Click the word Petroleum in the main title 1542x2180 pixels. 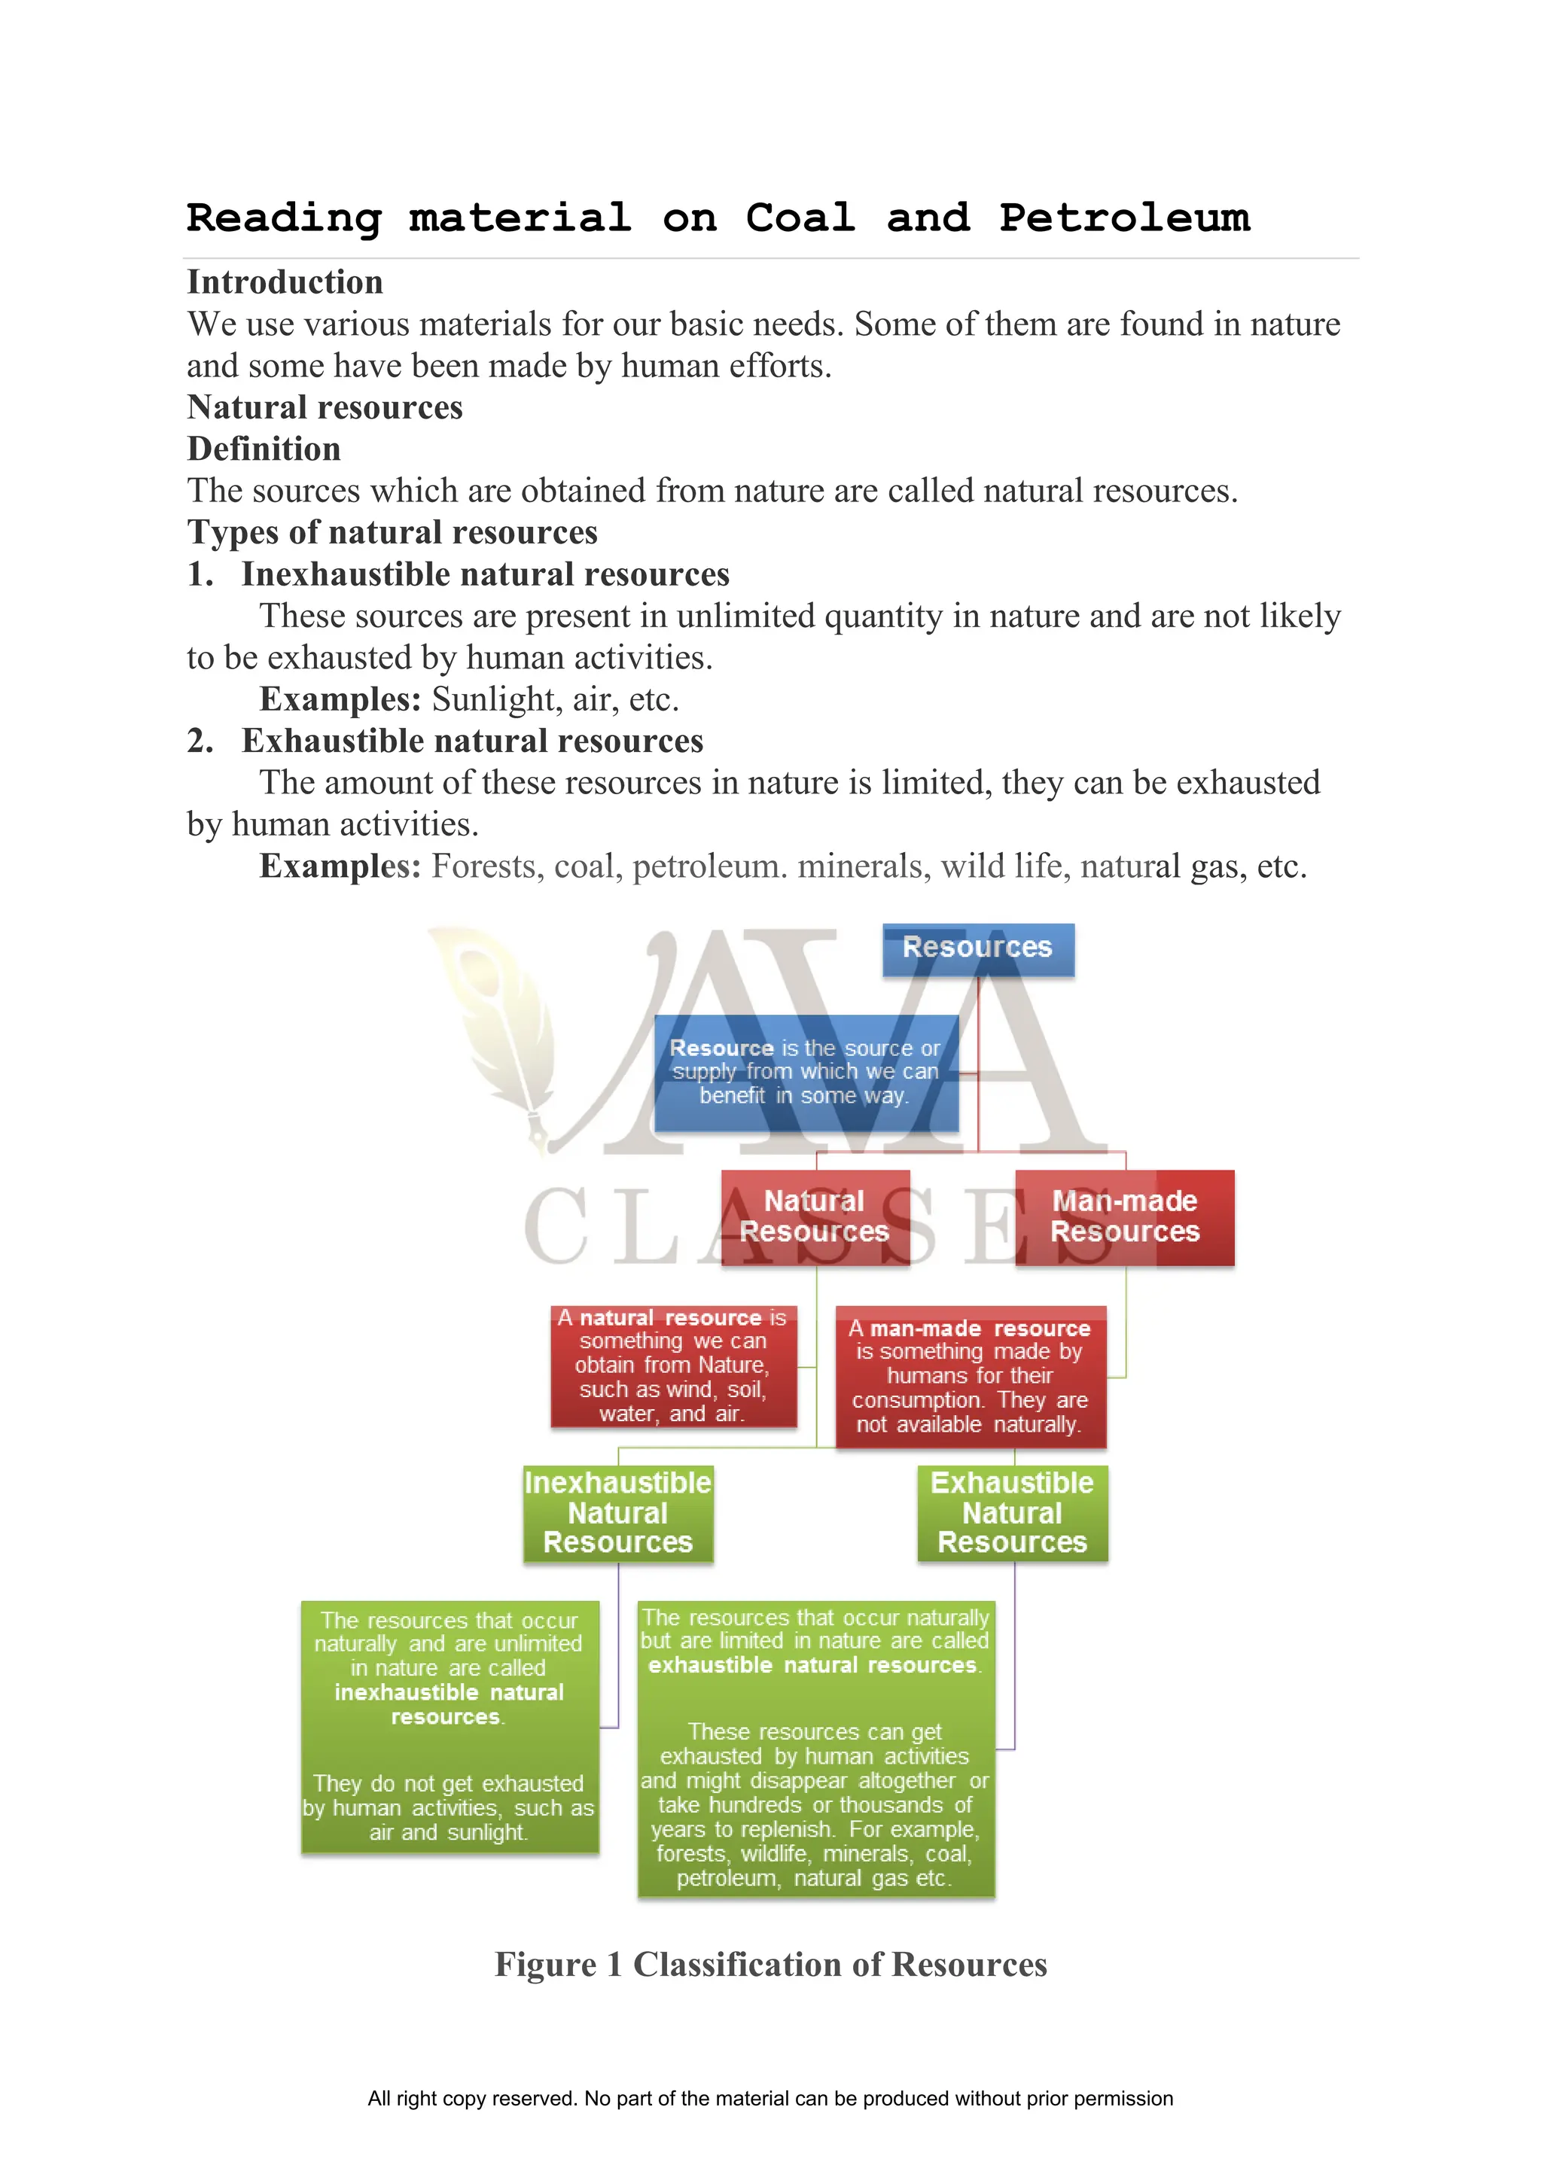1124,218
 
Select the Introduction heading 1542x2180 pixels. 285,282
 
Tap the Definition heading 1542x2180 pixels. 264,449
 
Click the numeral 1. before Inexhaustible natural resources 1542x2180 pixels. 200,574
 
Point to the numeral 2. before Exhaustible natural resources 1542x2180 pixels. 200,741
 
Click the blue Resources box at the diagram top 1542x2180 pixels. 977,948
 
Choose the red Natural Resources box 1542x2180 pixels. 815,1216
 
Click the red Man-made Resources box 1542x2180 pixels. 1124,1216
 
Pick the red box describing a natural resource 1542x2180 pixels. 672,1366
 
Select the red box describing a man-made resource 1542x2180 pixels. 970,1376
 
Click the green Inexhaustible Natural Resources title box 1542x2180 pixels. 618,1512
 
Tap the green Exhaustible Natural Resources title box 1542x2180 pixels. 1012,1512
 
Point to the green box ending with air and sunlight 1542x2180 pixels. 449,1726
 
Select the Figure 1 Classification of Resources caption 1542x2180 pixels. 770,1965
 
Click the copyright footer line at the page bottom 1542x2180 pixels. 770,2099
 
